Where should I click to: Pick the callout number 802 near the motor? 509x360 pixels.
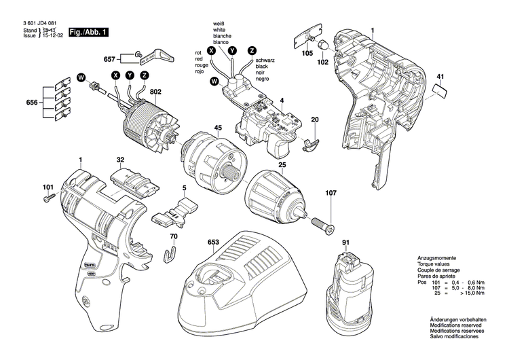(155, 92)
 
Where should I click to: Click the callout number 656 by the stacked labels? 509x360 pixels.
(31, 102)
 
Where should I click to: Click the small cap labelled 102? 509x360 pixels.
(324, 45)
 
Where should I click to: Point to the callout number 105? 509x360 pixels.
(307, 53)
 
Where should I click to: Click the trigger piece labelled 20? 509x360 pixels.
(312, 143)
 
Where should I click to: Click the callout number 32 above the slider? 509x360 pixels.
(120, 160)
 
